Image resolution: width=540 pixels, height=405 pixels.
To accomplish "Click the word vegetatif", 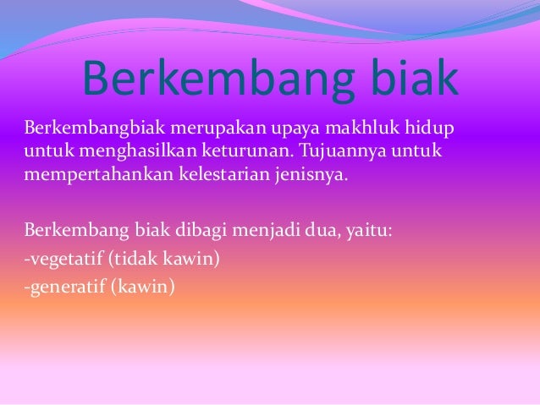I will coord(60,257).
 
